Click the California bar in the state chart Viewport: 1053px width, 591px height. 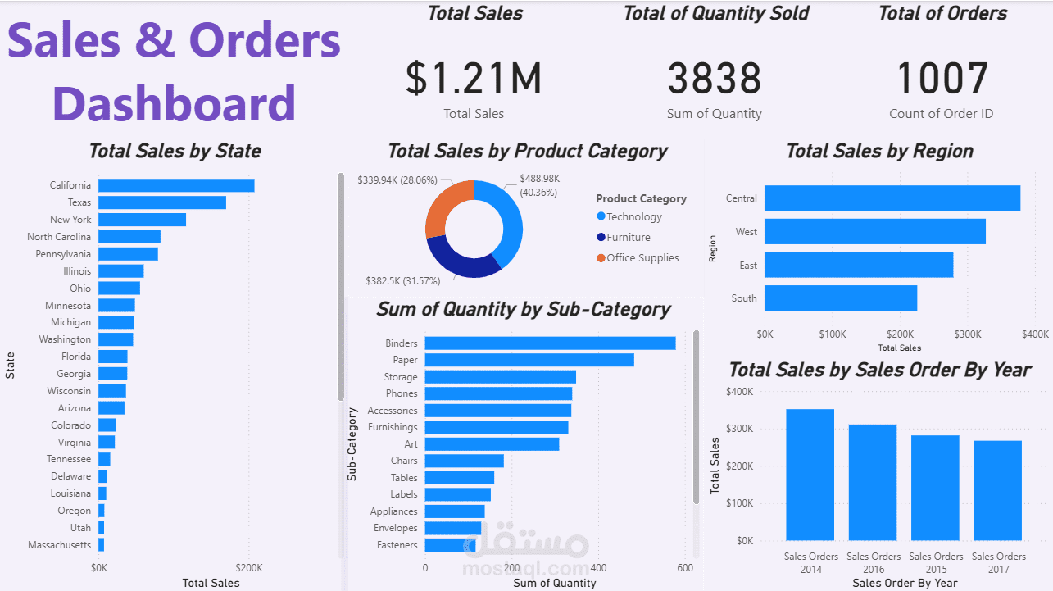176,185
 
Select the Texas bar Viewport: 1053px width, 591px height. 162,202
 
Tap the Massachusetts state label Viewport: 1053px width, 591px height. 60,545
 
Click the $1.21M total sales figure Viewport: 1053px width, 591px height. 474,79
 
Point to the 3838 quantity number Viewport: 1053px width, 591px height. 715,79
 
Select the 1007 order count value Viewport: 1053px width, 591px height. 942,79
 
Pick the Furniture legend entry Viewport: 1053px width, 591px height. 628,238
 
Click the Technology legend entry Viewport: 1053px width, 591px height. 633,217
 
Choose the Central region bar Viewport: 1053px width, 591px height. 892,198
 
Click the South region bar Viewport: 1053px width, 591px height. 841,298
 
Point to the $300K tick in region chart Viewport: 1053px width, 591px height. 967,334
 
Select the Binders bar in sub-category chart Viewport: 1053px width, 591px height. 550,343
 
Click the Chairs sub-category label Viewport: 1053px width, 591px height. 404,461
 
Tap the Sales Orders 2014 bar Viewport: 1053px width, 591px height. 810,475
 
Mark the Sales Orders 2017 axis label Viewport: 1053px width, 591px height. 998,562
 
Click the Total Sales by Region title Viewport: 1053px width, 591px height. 879,151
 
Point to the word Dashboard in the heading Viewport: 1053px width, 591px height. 174,104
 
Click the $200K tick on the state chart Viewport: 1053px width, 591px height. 248,567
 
